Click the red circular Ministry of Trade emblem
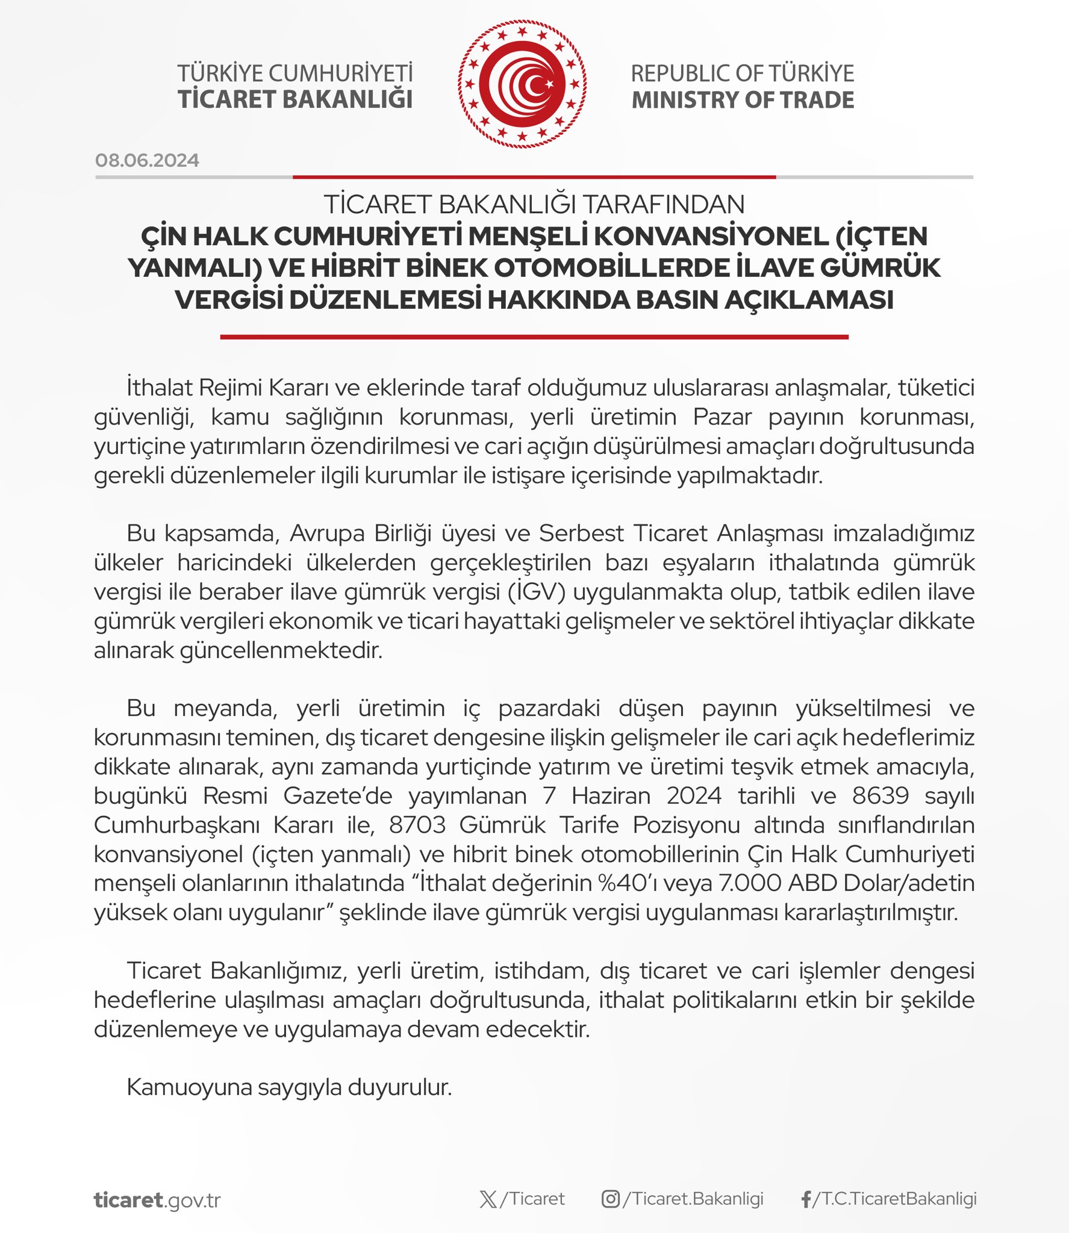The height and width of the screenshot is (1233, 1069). [522, 84]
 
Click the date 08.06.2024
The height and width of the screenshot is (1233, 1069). [147, 160]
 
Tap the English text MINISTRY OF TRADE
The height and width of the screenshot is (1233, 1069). [743, 100]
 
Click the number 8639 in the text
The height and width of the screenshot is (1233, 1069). [880, 796]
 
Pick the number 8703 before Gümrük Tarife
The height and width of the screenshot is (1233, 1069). [417, 825]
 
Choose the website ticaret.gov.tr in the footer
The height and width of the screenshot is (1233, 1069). [157, 1200]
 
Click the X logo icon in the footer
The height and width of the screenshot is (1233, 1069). [488, 1199]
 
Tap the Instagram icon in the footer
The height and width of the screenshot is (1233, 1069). [610, 1199]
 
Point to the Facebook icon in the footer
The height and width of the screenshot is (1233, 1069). [806, 1200]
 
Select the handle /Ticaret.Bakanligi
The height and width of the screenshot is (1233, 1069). [693, 1199]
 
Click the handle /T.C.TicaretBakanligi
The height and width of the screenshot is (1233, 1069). [895, 1199]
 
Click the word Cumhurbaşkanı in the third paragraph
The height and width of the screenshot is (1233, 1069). [176, 825]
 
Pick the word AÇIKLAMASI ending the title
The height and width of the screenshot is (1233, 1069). [809, 300]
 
